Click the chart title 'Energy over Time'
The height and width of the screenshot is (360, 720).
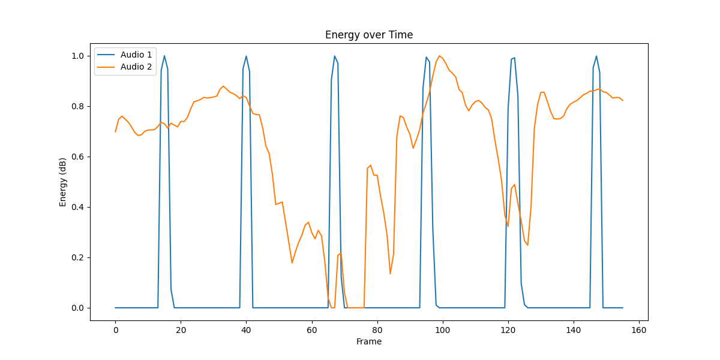[369, 35]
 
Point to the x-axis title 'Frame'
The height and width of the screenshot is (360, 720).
[369, 341]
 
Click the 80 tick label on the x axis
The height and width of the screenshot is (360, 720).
[377, 330]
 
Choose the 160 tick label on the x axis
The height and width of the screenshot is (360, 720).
[639, 330]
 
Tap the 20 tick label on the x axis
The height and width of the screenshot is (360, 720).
[181, 330]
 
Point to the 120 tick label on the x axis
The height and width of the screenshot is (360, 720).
[508, 330]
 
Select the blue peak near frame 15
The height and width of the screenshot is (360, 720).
[164, 56]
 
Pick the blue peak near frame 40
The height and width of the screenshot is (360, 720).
[246, 56]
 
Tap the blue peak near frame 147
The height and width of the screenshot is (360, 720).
[596, 56]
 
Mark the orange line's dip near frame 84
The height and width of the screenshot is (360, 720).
[390, 274]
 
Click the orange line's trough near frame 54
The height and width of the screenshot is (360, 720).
[292, 263]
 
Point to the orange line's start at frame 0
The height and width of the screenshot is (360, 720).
[115, 131]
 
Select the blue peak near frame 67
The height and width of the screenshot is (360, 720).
[335, 56]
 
